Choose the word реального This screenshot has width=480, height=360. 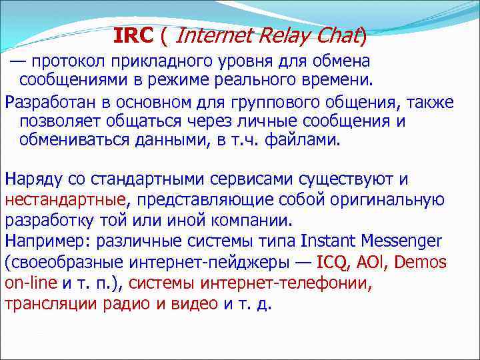[272, 81]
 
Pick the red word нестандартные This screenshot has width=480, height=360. [65, 199]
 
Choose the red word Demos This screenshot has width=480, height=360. [423, 261]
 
